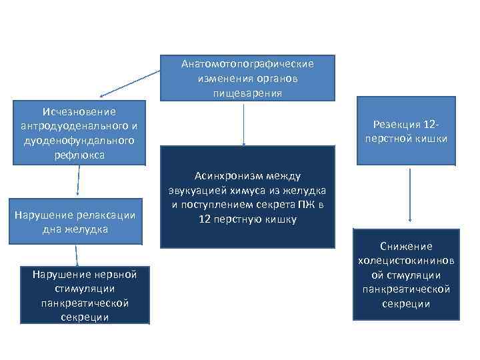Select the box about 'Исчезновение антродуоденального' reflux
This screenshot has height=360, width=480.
point(79,133)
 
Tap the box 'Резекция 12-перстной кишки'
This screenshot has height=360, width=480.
point(406,131)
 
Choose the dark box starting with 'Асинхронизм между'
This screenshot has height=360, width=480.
point(247,197)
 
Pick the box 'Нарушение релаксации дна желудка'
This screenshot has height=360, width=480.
point(79,221)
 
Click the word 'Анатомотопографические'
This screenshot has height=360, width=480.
point(247,64)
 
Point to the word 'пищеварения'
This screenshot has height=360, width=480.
point(247,93)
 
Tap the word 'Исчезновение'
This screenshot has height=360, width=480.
point(79,111)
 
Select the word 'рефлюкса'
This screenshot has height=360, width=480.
point(79,155)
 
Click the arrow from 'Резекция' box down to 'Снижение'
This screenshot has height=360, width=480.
point(410,193)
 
